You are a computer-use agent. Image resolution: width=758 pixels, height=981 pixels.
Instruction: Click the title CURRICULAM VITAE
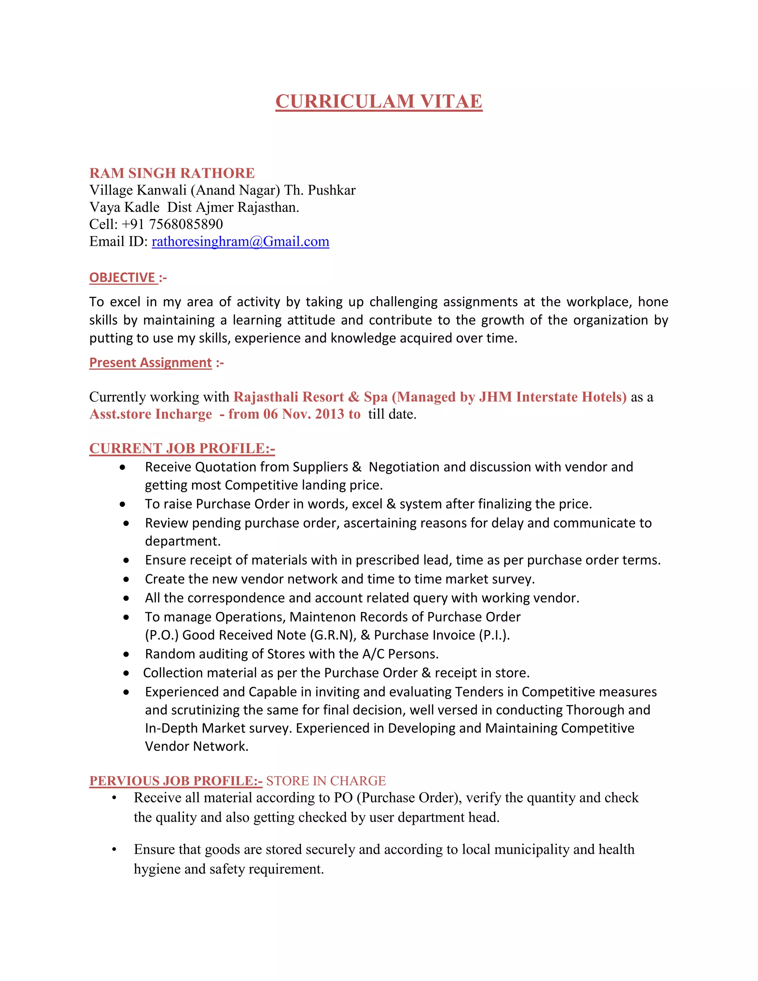coord(379,101)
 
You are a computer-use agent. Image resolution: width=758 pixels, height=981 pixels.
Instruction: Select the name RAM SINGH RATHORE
coord(172,173)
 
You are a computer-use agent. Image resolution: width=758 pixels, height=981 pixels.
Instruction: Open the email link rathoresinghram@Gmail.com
coord(240,242)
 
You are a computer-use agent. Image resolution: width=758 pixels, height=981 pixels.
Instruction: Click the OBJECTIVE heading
coord(123,278)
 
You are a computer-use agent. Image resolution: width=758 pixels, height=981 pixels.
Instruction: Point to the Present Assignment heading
coord(150,362)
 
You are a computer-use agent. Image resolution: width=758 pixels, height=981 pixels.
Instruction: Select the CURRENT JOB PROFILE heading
coord(182,448)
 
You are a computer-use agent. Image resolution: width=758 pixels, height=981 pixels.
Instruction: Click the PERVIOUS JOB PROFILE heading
coord(175,781)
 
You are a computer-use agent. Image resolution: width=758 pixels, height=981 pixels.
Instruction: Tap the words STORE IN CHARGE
coord(326,781)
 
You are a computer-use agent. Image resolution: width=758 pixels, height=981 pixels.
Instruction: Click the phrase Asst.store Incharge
coord(150,414)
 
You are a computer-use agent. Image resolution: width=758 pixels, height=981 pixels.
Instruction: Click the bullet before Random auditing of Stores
coord(126,654)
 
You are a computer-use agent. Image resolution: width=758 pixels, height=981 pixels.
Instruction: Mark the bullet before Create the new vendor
coord(126,579)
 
